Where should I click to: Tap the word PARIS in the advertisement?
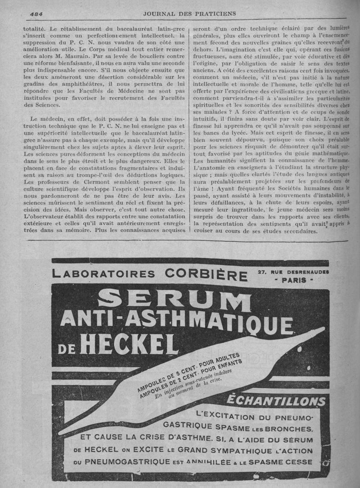[293, 280]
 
